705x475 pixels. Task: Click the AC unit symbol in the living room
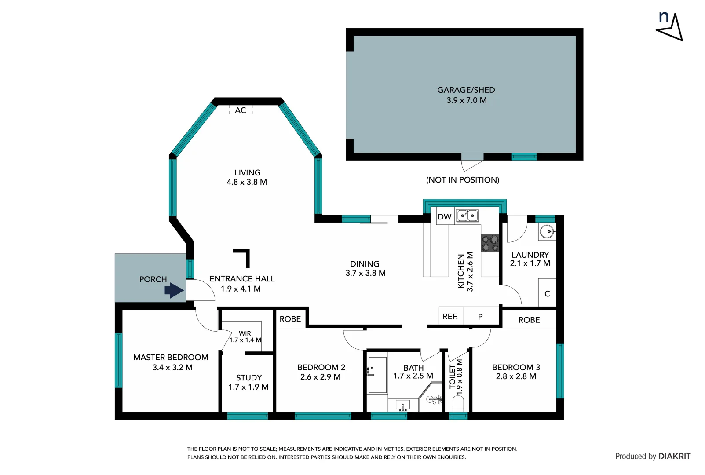point(241,110)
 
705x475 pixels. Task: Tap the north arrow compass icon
point(670,26)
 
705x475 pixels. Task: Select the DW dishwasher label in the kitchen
point(445,216)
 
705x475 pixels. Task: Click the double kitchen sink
point(468,216)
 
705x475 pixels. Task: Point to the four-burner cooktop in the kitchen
point(490,243)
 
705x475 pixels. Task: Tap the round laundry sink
point(547,231)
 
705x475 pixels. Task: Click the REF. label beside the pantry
point(450,316)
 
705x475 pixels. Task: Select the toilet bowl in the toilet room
point(458,403)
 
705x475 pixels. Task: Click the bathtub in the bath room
point(377,375)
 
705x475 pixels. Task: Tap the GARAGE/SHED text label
point(466,90)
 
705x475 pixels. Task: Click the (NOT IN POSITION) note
point(463,179)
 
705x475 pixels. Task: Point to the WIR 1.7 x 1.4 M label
point(245,336)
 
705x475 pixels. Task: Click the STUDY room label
point(249,377)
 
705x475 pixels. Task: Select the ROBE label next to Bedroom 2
point(290,319)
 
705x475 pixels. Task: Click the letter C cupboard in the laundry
point(547,293)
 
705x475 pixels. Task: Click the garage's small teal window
point(524,156)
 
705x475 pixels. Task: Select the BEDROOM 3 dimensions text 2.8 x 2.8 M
point(516,376)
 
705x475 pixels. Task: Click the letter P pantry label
point(480,317)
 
